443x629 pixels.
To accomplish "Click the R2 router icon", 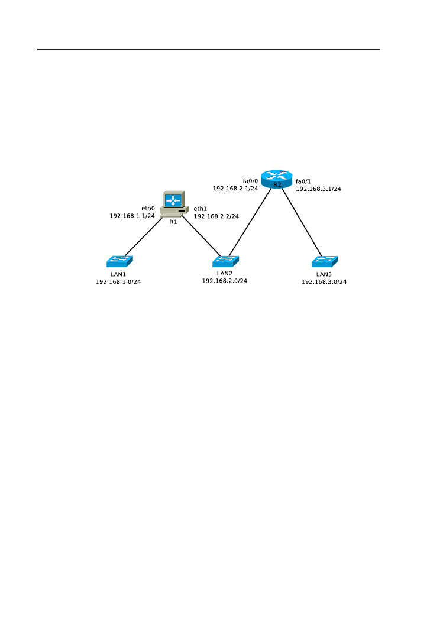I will click(277, 178).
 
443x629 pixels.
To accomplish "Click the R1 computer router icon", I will click(174, 205).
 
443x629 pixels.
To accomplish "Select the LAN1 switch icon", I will click(119, 261).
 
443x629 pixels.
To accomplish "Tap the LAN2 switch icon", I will click(225, 260).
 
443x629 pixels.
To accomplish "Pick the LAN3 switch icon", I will click(325, 261).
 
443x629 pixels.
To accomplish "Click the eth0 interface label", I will click(148, 209).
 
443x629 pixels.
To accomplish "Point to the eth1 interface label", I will click(201, 209).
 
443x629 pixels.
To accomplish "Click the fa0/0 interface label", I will click(251, 180).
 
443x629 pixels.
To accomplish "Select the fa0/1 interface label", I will click(303, 181).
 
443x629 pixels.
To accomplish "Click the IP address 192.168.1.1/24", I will click(132, 216).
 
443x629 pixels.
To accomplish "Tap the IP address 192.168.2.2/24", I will click(216, 216).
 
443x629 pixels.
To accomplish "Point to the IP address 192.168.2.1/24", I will click(235, 189).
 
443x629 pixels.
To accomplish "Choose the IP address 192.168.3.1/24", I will click(318, 189).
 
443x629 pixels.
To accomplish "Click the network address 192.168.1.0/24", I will click(118, 282).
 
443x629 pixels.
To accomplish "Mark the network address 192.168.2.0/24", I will click(225, 281).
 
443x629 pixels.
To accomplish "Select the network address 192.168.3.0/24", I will click(324, 282).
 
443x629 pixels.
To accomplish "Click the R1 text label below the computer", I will click(173, 222).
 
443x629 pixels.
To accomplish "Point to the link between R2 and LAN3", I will click(302, 222).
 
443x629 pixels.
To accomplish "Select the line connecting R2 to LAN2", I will click(250, 223).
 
